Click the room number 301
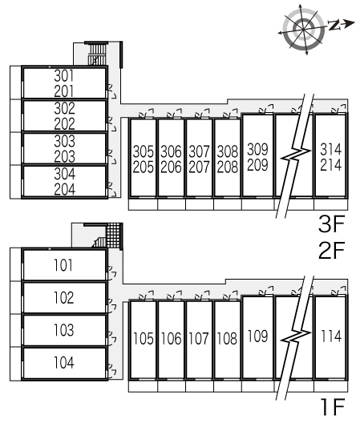coord(64,76)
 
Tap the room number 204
coord(65,189)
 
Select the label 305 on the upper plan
coord(144,151)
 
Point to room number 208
coord(228,167)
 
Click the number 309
coord(257,149)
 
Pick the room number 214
coord(331,165)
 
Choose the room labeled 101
coord(63,265)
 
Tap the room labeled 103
coord(64,330)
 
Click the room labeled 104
coord(64,362)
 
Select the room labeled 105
coord(144,339)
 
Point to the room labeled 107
coord(199,339)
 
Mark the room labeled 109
coord(257,336)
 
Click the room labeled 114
coord(331,336)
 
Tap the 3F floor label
coord(332,224)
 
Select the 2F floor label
coord(332,250)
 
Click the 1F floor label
coord(333,407)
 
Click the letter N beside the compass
coord(334,25)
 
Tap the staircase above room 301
coord(97,54)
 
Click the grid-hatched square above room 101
coord(113,236)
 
